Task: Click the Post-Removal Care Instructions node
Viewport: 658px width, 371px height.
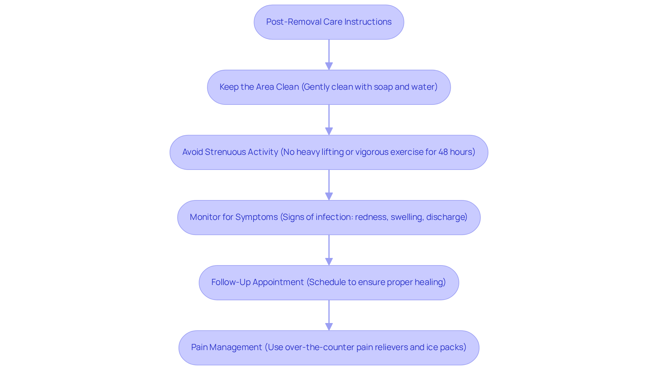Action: click(329, 22)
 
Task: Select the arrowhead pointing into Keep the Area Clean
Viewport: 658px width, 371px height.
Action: click(329, 66)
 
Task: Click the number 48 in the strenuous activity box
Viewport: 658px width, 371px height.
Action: click(443, 152)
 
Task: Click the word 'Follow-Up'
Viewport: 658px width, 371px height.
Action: click(231, 282)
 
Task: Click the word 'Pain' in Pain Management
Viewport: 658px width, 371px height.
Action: click(199, 347)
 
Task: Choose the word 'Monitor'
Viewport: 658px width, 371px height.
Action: click(205, 217)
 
